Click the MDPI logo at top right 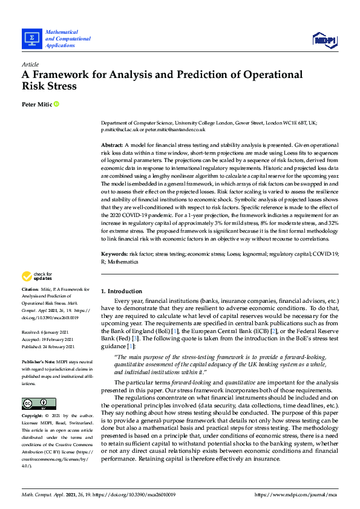pos(324,39)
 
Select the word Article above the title pos(30,64)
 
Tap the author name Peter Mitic pos(37,105)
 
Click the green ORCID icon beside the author pos(57,105)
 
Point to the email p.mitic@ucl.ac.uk pos(122,129)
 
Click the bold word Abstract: pos(111,146)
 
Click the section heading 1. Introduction pos(122,291)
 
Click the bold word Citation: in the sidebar pos(32,290)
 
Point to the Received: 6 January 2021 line pos(48,332)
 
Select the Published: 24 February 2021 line pos(48,346)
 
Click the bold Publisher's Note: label pos(40,361)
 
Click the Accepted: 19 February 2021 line pos(48,339)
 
